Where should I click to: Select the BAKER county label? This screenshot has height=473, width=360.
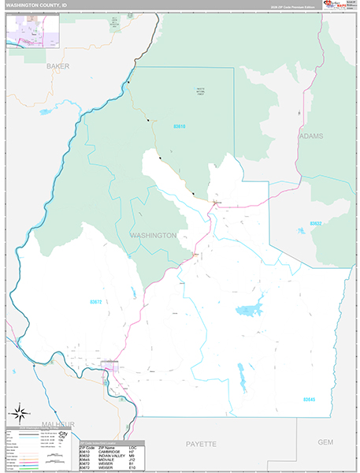58,66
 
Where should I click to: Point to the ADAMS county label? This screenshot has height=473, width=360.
310,136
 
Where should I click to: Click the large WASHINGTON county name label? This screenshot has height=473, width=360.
153,235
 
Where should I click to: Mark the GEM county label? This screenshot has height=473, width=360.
325,442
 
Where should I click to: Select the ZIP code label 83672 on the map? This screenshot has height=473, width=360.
97,301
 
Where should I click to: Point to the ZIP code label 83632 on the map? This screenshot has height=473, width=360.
315,224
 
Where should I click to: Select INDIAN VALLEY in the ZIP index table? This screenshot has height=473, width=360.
113,456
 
